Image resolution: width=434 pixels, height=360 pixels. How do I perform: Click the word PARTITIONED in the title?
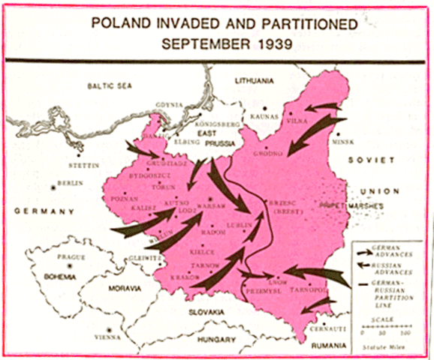pyautogui.click(x=300, y=22)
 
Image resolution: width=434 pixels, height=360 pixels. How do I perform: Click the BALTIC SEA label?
pyautogui.click(x=108, y=86)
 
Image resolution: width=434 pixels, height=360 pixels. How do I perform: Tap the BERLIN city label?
pyautogui.click(x=71, y=183)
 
